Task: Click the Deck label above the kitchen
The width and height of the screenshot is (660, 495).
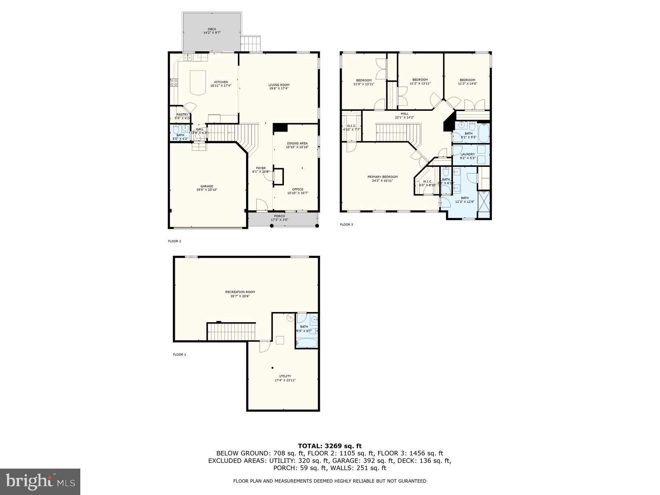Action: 212,31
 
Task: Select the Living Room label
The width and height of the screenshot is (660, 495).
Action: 279,87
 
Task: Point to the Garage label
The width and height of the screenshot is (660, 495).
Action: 206,188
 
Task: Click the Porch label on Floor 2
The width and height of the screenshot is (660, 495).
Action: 279,218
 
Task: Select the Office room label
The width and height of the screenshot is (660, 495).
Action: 297,191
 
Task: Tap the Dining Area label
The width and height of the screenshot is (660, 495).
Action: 297,145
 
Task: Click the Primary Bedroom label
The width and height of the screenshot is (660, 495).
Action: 382,179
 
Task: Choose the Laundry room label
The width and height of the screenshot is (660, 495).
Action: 467,156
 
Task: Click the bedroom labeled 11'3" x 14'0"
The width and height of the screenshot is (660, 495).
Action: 467,82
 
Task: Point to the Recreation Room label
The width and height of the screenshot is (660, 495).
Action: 240,294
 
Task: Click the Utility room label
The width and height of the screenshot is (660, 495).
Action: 285,378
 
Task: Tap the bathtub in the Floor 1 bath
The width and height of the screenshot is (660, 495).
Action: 307,343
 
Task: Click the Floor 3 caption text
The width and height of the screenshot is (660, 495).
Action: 346,224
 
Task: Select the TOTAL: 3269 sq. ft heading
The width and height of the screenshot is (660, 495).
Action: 330,446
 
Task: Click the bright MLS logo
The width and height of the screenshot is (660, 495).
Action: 40,481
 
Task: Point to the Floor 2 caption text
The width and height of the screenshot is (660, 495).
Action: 175,241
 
